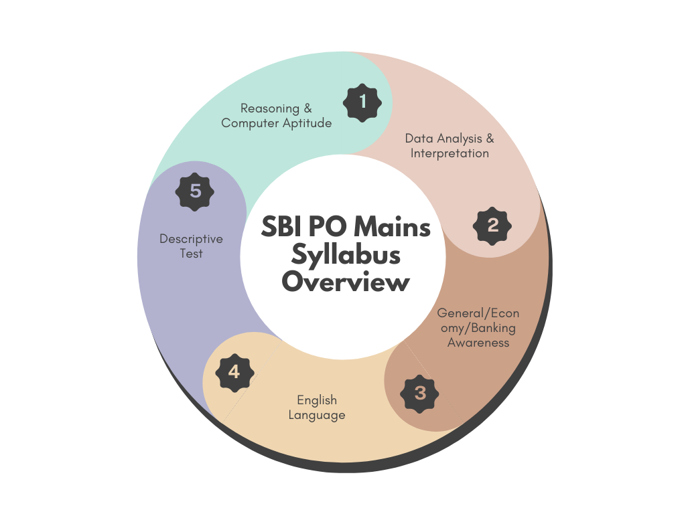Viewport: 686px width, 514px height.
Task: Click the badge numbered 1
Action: (x=362, y=102)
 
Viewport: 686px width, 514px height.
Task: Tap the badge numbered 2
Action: (x=492, y=226)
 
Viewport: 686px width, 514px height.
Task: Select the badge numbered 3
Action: (x=419, y=394)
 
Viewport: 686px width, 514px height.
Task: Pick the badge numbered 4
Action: (x=234, y=372)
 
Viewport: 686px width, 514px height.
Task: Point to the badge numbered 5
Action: (x=195, y=191)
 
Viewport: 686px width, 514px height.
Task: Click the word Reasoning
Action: (x=270, y=108)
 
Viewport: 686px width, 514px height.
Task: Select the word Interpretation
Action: (x=450, y=153)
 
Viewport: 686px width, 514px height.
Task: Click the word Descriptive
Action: (x=191, y=239)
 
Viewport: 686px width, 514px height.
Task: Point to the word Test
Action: (x=191, y=254)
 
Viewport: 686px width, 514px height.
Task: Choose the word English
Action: (x=317, y=400)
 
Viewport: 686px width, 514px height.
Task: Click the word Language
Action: (x=317, y=415)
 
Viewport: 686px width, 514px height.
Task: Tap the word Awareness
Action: (x=478, y=343)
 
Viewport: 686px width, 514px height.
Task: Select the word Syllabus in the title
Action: (x=346, y=255)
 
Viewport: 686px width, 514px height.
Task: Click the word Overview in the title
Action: (x=346, y=282)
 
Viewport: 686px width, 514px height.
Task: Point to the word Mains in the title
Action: (x=392, y=227)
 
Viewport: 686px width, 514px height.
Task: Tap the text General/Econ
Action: (x=478, y=313)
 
